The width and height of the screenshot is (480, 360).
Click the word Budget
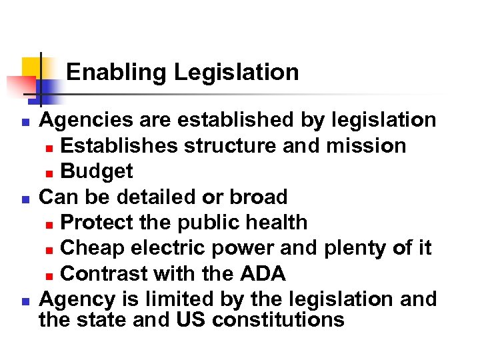pos(97,171)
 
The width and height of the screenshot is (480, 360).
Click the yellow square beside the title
pos(31,67)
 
